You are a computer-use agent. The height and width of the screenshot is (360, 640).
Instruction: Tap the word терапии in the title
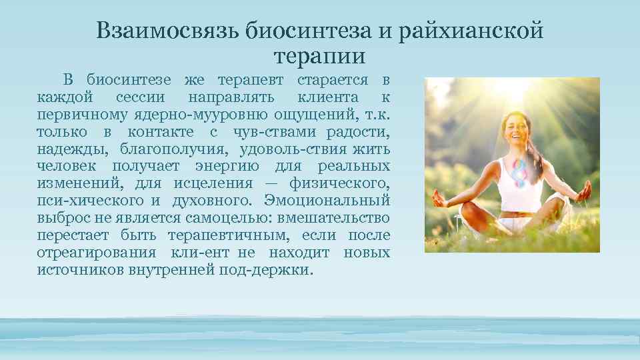(x=319, y=56)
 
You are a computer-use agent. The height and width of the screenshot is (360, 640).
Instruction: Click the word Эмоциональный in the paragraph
(x=327, y=200)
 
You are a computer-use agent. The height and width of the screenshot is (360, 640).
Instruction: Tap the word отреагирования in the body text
(x=97, y=253)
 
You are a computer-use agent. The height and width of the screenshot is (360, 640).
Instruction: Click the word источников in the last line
(x=79, y=270)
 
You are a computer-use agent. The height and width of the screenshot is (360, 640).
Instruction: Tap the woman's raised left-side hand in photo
(x=439, y=198)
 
